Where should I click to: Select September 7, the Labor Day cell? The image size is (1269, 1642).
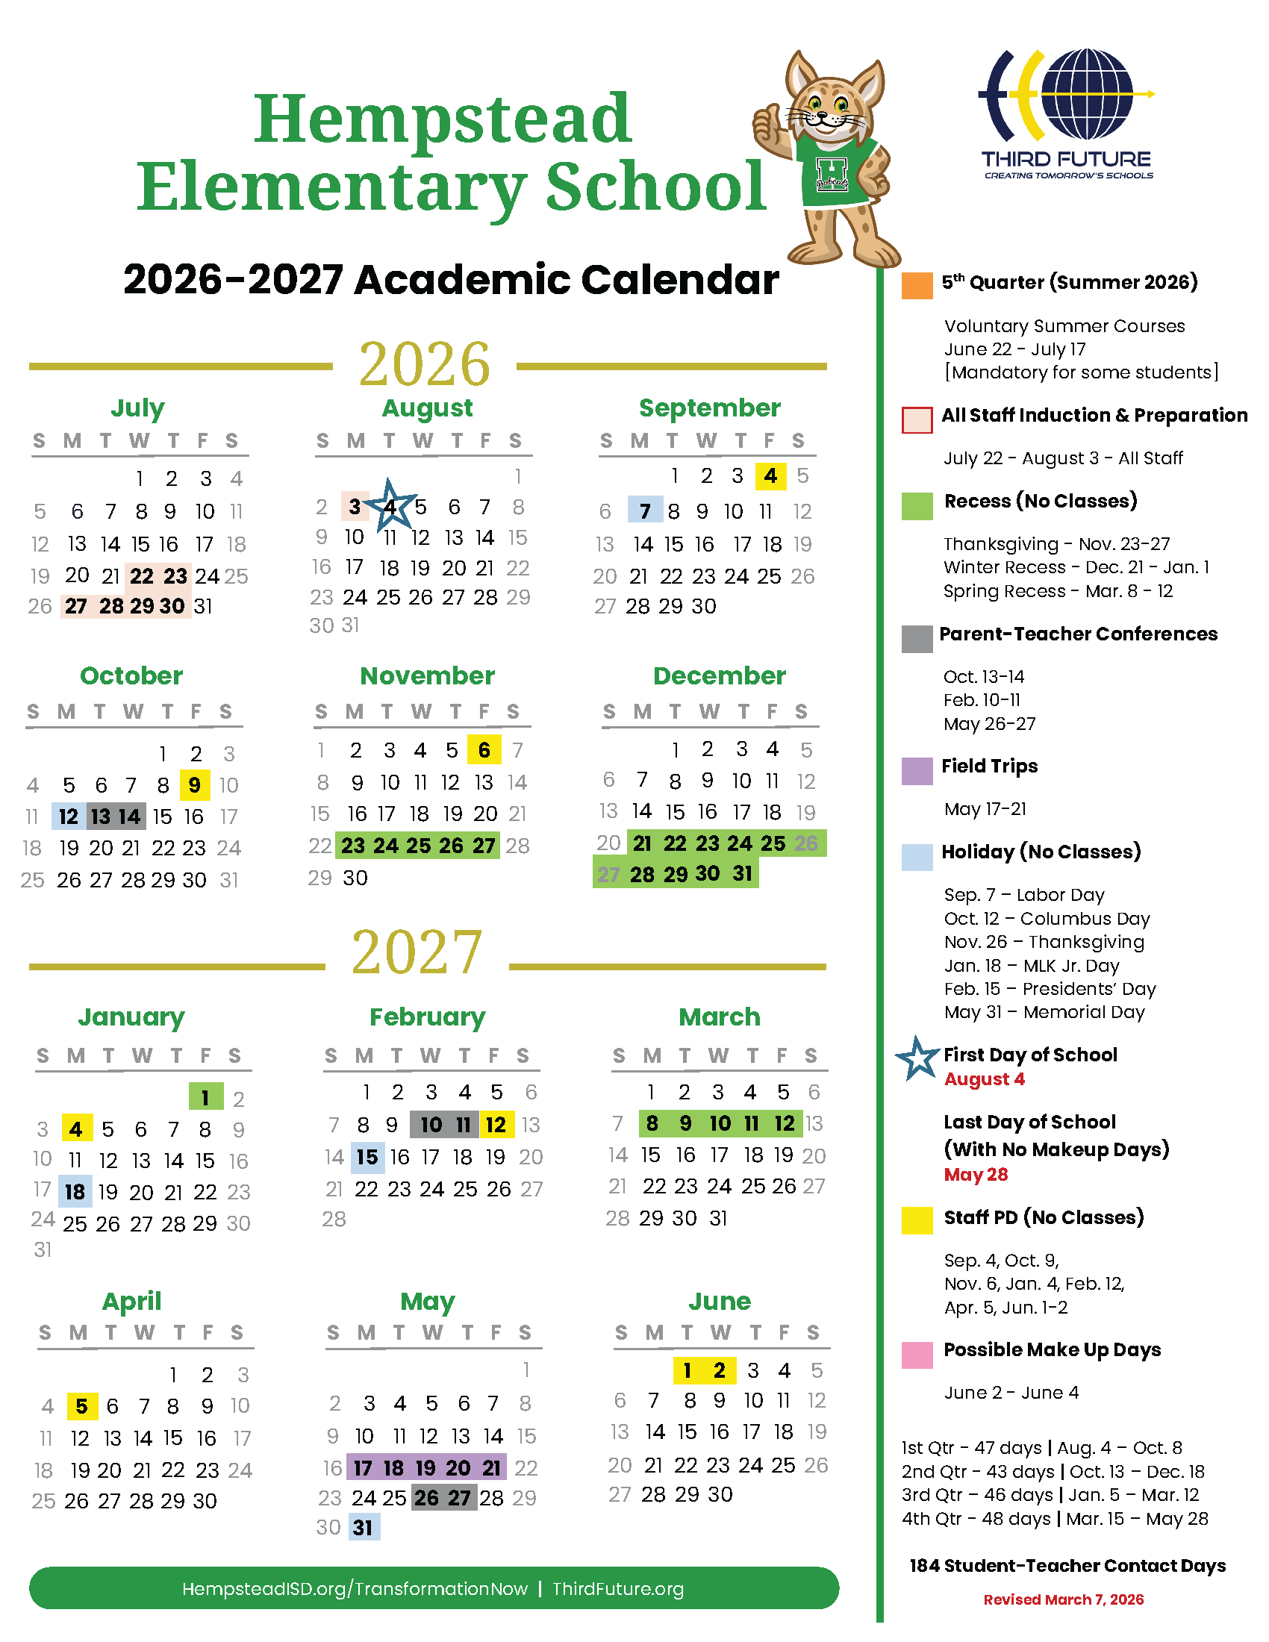pos(645,511)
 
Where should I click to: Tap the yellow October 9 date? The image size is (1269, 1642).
pos(195,785)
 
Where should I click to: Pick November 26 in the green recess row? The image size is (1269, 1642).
pos(451,846)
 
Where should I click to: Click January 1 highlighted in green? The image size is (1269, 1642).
pos(205,1098)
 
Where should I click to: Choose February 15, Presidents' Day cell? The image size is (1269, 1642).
pos(367,1157)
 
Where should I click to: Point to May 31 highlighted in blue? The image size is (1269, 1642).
pos(363,1527)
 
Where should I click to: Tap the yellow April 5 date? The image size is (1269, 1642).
pos(82,1405)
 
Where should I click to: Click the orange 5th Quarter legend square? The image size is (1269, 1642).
pos(917,286)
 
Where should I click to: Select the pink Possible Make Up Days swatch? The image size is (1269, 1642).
pos(917,1354)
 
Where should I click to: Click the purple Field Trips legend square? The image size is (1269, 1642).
pos(917,771)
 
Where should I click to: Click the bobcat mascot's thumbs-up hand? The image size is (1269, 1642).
pos(767,127)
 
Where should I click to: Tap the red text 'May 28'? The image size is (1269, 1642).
pos(975,1174)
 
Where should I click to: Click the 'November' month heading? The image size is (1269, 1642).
pos(427,675)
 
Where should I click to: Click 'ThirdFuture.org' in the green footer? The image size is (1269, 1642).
pos(618,1588)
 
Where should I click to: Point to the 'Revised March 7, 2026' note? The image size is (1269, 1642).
pos(1063,1599)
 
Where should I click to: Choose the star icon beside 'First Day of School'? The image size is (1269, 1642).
pos(917,1058)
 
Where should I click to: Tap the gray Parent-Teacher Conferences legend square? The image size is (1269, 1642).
pos(917,639)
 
